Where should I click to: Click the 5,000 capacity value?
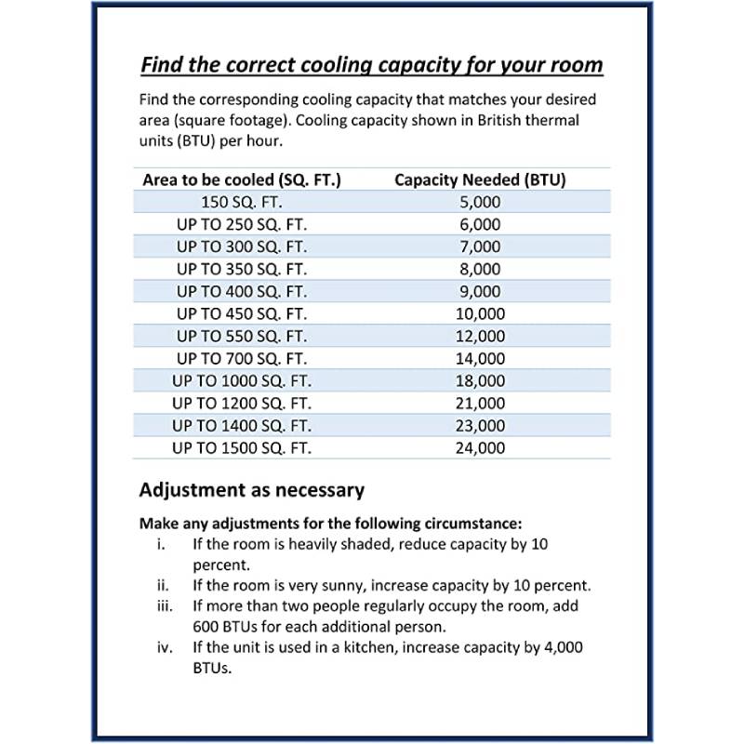[480, 202]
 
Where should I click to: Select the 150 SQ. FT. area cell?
[241, 202]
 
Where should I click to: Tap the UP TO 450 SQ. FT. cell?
[241, 313]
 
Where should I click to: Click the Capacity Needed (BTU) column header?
[480, 179]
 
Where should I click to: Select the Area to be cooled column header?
[242, 179]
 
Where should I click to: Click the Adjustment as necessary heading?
[251, 489]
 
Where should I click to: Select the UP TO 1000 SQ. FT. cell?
[241, 380]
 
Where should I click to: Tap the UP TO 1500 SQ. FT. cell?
[241, 447]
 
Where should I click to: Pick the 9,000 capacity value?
[480, 291]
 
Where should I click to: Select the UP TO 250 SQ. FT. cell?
[241, 224]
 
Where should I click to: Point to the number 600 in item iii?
[206, 626]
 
